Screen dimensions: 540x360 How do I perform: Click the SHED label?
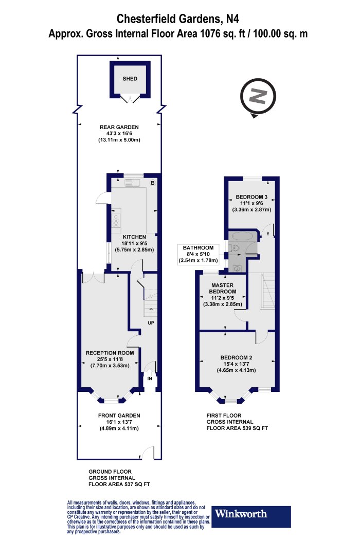pyautogui.click(x=130, y=79)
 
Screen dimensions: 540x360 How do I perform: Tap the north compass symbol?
pyautogui.click(x=258, y=97)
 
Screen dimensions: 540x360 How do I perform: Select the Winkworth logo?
pyautogui.click(x=252, y=513)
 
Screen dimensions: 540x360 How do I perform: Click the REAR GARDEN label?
pyautogui.click(x=120, y=127)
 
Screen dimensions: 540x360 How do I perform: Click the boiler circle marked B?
pyautogui.click(x=152, y=183)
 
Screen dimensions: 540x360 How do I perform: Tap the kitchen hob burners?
pyautogui.click(x=116, y=220)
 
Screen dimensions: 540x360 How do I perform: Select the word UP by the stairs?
pyautogui.click(x=151, y=323)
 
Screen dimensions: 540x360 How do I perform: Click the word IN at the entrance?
pyautogui.click(x=150, y=378)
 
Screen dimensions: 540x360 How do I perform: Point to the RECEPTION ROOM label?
pyautogui.click(x=110, y=353)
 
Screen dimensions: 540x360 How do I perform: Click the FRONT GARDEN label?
pyautogui.click(x=119, y=416)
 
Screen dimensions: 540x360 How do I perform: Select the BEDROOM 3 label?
pyautogui.click(x=251, y=197)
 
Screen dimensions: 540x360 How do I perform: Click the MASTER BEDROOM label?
pyautogui.click(x=222, y=289)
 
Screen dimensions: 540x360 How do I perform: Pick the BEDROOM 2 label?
pyautogui.click(x=237, y=357)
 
